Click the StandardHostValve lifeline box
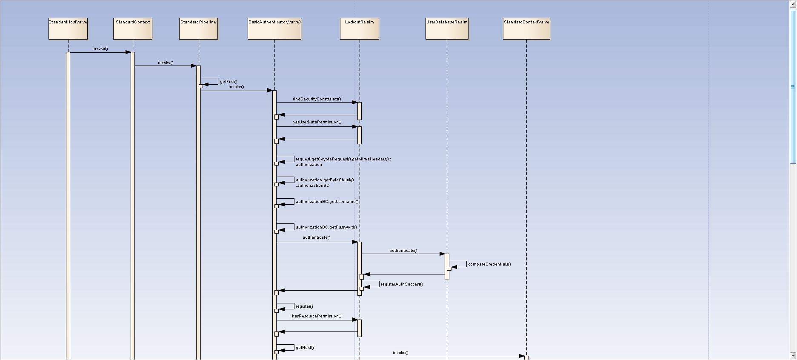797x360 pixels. point(68,29)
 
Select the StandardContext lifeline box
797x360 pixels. point(133,29)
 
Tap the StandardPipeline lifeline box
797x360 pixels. point(198,29)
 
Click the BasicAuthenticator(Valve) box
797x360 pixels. point(274,29)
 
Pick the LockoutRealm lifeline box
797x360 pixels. point(360,29)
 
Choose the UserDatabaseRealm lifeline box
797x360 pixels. point(447,29)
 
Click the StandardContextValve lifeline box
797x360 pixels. point(526,29)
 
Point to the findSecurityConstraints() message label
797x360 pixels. point(317,99)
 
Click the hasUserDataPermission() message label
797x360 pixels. point(317,122)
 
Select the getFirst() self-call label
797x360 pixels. point(229,82)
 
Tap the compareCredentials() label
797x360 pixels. point(489,264)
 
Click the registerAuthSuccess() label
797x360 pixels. point(402,284)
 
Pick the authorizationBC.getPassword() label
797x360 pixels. point(326,227)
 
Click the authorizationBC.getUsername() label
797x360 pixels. point(327,202)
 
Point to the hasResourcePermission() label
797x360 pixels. point(317,316)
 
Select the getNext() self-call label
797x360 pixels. point(305,348)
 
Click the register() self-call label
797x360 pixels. point(304,306)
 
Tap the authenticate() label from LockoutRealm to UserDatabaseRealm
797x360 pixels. point(403,251)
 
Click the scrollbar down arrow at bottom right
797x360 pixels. point(793,355)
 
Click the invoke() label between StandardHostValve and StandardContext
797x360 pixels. point(100,49)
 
